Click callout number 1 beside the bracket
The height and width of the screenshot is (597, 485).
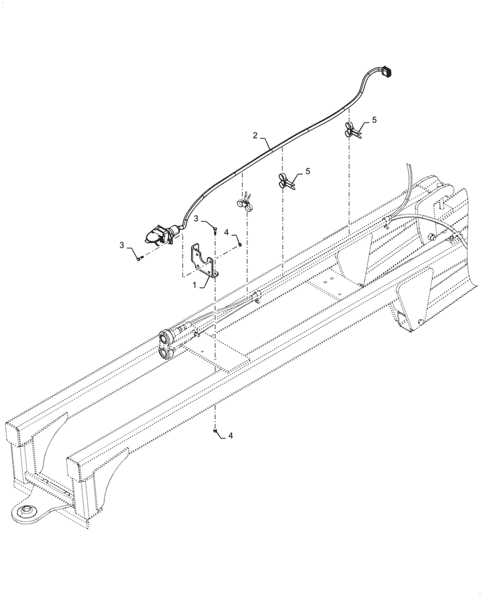(194, 286)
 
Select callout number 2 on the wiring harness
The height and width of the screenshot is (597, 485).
(256, 136)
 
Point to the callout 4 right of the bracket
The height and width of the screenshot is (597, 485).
(227, 230)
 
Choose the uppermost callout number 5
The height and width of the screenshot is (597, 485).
(374, 120)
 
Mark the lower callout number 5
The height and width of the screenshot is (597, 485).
(308, 171)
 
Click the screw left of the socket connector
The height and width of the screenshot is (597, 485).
(139, 258)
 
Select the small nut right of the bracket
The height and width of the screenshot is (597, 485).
(240, 243)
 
